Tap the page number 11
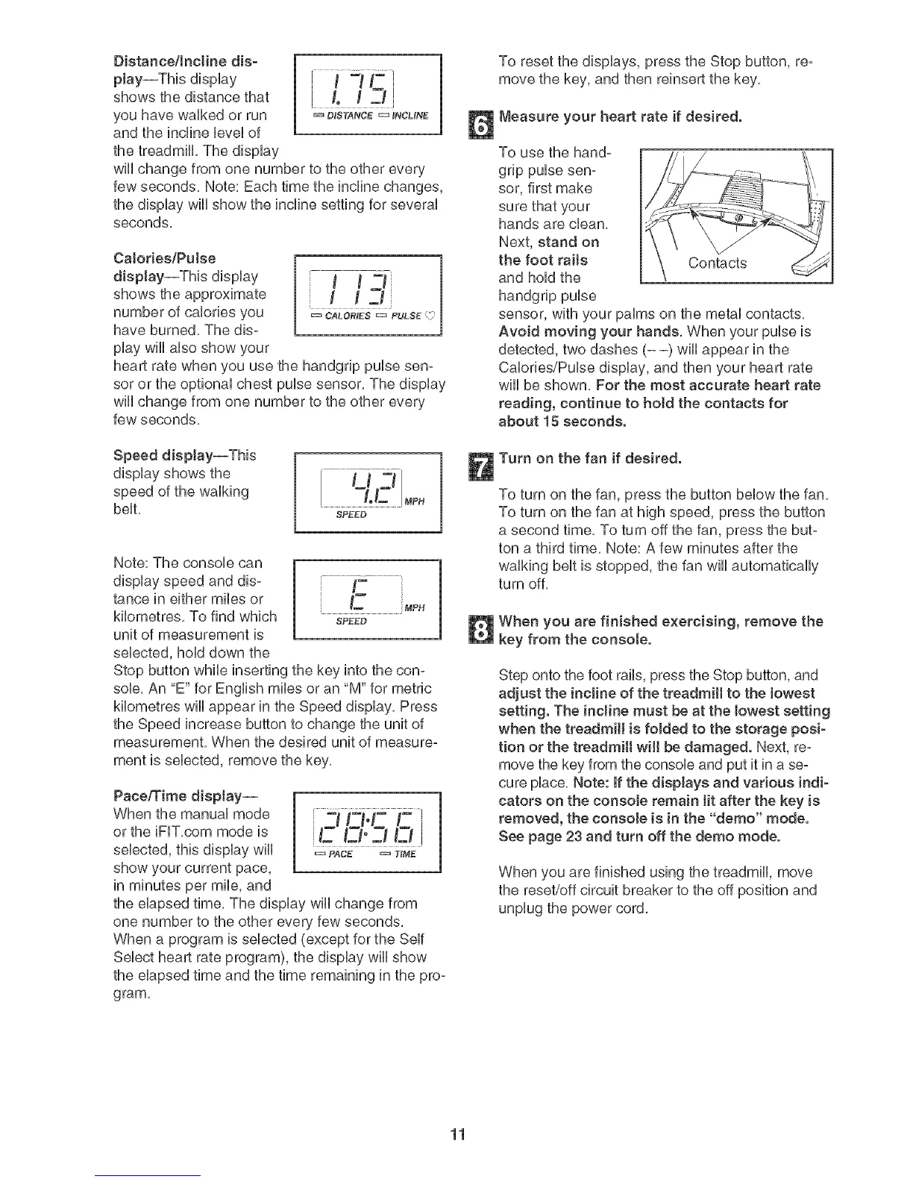coord(457,1136)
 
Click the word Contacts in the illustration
coord(718,263)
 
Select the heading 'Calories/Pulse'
coord(163,258)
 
